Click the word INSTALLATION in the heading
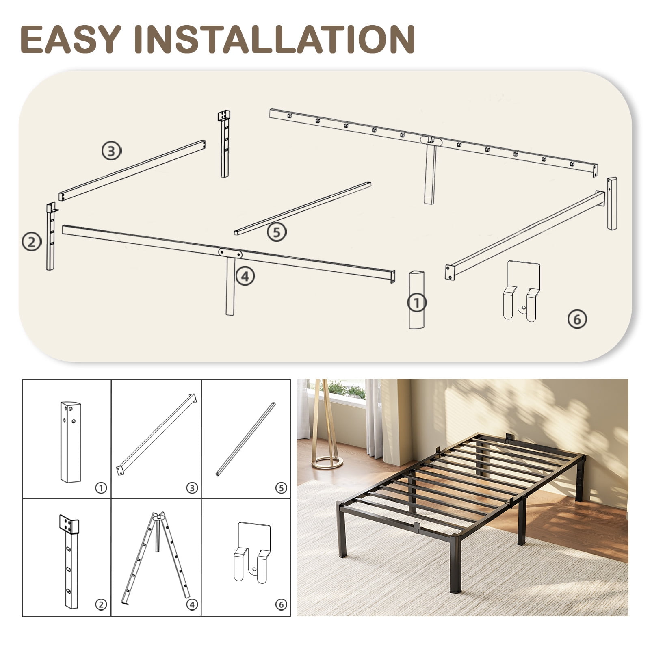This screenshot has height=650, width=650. click(275, 39)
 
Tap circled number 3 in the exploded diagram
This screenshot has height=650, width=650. click(111, 151)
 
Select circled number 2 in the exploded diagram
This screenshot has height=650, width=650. click(32, 242)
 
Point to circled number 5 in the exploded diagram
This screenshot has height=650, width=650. click(277, 232)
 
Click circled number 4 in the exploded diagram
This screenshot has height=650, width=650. click(245, 276)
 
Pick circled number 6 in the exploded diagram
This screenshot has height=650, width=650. click(577, 319)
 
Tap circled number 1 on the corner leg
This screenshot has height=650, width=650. click(417, 303)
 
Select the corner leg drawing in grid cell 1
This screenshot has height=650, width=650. click(71, 442)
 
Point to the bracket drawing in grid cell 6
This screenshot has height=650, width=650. click(252, 552)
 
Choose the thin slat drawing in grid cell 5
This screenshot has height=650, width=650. click(245, 439)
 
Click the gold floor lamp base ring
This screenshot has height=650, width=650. click(327, 462)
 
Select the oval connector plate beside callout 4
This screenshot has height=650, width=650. click(230, 253)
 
